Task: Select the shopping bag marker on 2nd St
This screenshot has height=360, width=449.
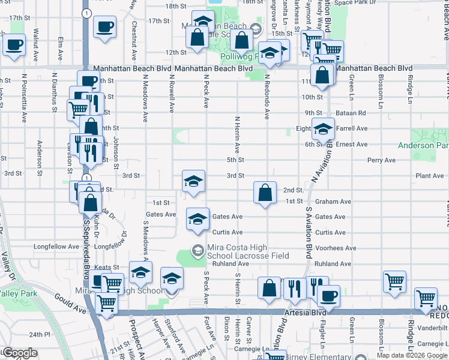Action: click(265, 193)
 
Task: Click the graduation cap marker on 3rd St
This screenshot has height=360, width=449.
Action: click(193, 182)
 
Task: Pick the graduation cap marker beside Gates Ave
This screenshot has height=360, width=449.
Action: click(197, 220)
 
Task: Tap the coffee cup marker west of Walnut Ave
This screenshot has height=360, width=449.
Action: click(14, 44)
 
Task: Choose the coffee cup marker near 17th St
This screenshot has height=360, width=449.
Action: click(104, 26)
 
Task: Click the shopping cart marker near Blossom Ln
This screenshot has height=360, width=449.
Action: click(394, 283)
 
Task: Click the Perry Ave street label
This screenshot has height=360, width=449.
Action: click(382, 160)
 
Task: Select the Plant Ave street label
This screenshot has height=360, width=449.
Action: click(430, 176)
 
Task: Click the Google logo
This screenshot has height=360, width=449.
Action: click(20, 353)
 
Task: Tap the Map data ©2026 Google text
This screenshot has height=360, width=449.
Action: click(412, 355)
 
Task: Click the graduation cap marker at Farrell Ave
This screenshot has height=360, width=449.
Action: click(323, 129)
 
